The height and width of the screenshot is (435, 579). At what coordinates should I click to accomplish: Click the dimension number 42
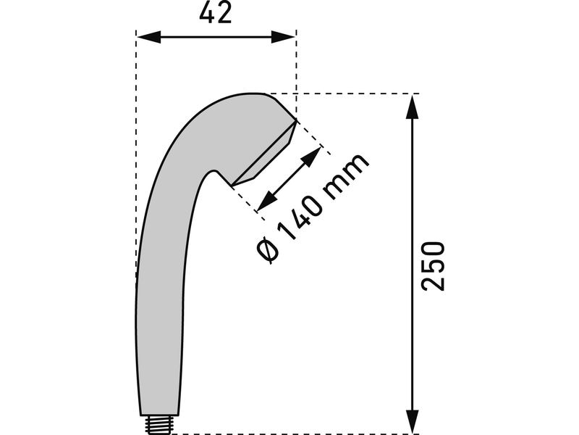[x=216, y=14]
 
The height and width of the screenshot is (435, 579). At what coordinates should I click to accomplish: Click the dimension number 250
[x=433, y=266]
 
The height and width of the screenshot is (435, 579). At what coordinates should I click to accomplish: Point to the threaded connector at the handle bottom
[x=159, y=424]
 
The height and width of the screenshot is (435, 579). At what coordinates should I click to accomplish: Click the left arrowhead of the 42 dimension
[x=149, y=37]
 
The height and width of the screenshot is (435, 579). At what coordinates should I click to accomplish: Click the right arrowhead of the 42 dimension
[x=283, y=37]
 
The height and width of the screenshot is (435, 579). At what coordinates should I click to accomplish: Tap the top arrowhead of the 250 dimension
[x=412, y=107]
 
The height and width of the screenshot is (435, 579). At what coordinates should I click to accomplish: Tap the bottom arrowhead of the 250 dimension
[x=412, y=421]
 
